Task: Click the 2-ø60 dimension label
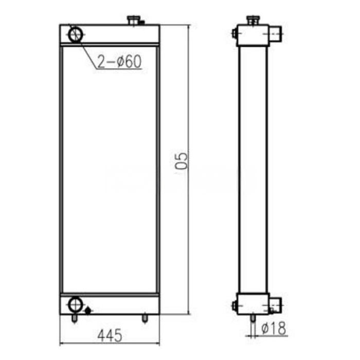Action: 119,62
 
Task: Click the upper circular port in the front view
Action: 76,34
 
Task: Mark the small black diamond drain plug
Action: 88,310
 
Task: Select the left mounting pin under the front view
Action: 75,319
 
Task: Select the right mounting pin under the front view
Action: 145,318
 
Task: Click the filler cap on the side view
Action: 252,21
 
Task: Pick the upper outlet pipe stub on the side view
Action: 276,34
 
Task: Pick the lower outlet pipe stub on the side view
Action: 275,305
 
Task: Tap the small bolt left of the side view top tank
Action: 234,34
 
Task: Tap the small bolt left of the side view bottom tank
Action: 234,306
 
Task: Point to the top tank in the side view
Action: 253,35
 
